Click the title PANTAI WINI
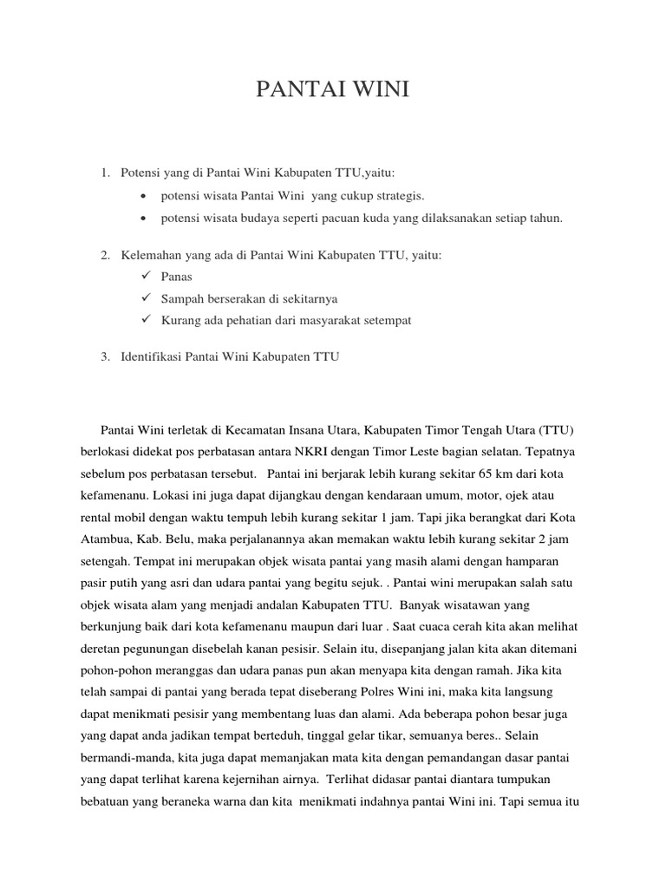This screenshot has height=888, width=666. click(332, 90)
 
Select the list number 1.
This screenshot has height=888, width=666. click(104, 173)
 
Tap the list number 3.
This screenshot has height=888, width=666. click(104, 357)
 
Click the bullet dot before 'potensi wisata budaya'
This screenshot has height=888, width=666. click(142, 219)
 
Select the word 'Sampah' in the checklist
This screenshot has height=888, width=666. click(182, 299)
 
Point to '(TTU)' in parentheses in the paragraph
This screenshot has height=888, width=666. click(558, 430)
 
